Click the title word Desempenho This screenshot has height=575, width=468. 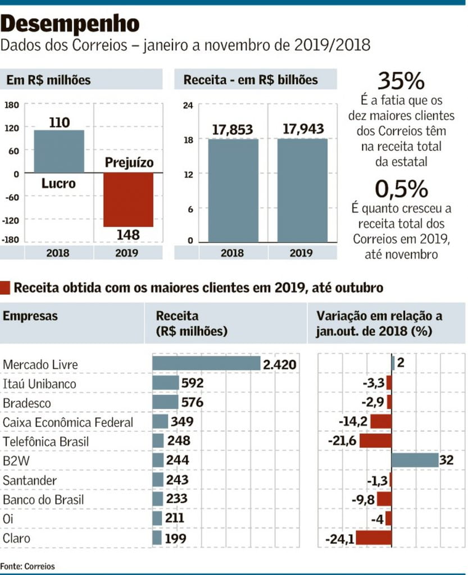point(70,24)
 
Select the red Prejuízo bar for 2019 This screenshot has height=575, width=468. point(128,199)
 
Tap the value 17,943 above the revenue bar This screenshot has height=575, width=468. point(303,129)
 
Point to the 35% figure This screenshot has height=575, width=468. point(401,81)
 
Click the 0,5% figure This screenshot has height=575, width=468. point(401,190)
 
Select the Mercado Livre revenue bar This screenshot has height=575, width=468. point(206,363)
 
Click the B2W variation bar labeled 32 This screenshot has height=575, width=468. point(415,460)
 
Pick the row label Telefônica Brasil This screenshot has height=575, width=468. point(46,441)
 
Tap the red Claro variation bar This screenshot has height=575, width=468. point(374,539)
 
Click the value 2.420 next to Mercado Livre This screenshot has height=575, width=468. point(279,364)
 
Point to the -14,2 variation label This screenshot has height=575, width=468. point(353,422)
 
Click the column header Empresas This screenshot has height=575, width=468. point(30,316)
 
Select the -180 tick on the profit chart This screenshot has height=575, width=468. point(11,240)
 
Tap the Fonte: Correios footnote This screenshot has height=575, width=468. point(28,565)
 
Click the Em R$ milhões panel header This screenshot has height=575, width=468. point(48,80)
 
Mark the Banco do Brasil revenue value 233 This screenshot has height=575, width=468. point(176,499)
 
